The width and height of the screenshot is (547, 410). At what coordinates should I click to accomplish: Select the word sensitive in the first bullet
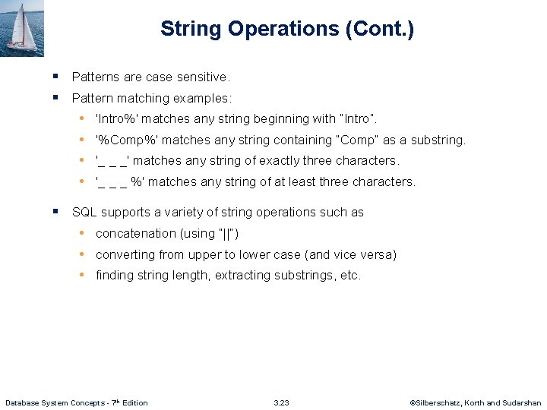201,77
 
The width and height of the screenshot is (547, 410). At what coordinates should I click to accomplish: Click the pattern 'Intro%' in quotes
117,119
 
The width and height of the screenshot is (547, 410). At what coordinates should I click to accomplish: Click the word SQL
84,213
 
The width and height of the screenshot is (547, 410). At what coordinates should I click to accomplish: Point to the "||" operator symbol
228,234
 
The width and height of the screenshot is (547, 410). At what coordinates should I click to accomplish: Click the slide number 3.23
281,402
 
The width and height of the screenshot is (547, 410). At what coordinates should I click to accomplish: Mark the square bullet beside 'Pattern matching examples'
57,97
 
